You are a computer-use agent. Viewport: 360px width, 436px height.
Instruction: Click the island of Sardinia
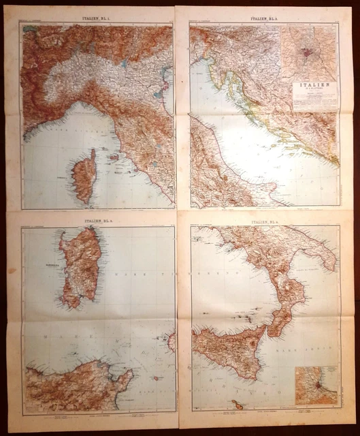81,270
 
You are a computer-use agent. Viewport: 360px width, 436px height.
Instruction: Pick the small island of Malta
237,404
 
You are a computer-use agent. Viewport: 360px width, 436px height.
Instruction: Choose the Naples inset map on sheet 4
315,386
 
